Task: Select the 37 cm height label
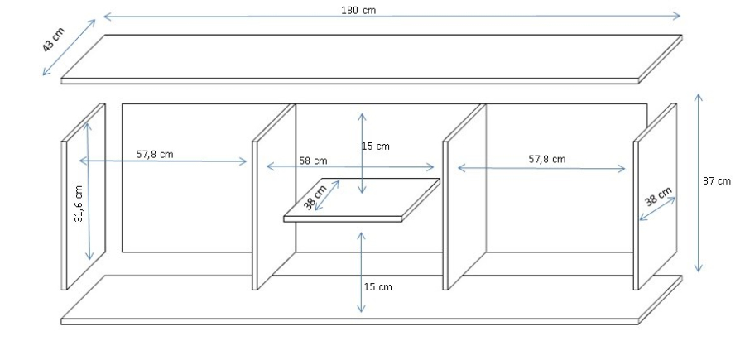(x=718, y=181)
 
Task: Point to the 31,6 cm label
(x=79, y=204)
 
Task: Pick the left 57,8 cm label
(x=155, y=153)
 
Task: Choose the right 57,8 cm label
(x=547, y=159)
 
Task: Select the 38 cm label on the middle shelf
(x=315, y=199)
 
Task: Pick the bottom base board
(x=372, y=300)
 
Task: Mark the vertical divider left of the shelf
(x=274, y=199)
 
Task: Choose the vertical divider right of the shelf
(x=464, y=199)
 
